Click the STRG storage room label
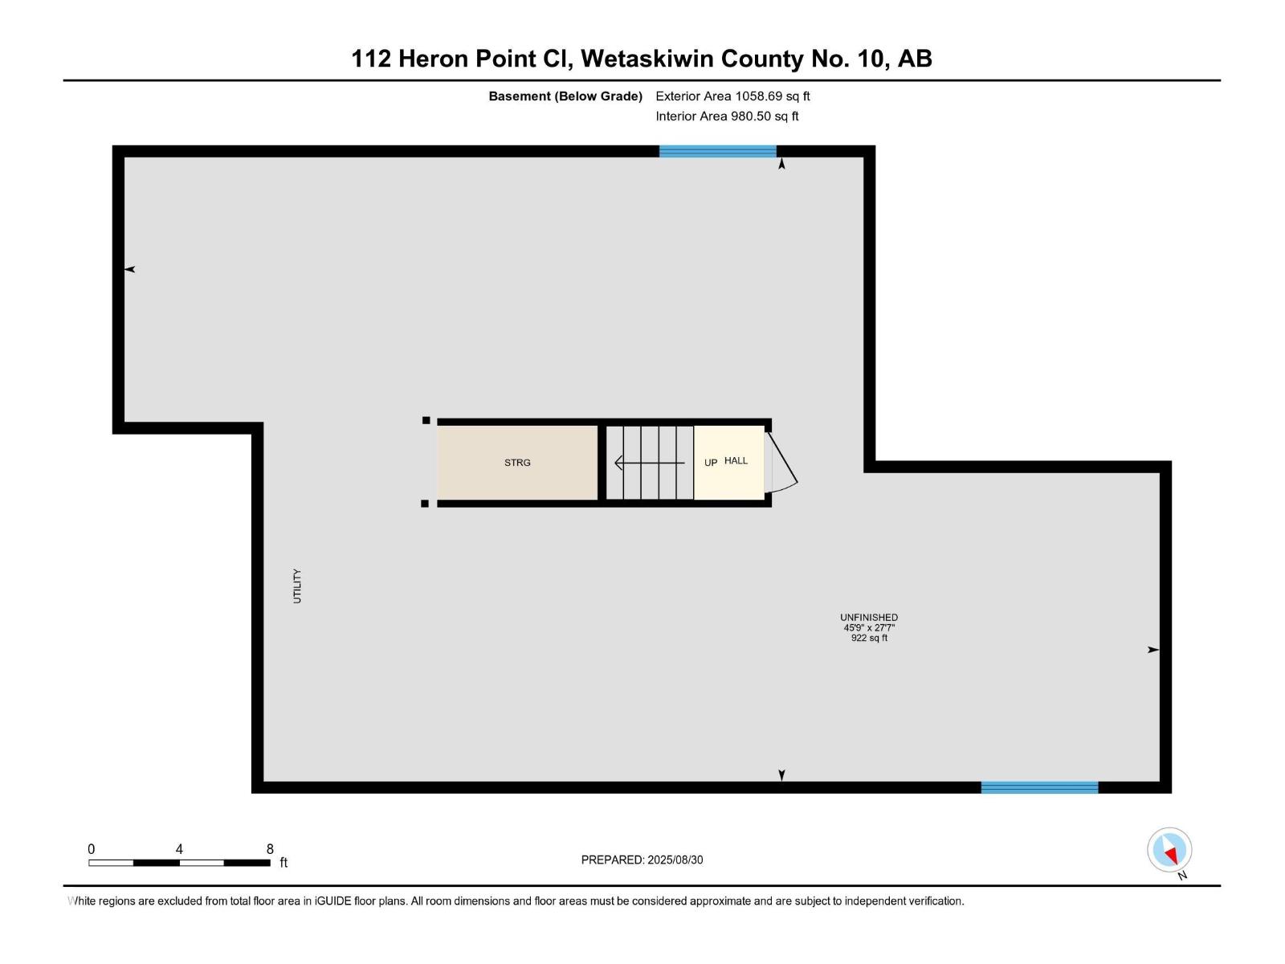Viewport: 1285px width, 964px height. [517, 463]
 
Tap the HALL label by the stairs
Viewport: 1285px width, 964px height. [736, 460]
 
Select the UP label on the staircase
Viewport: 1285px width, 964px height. [711, 463]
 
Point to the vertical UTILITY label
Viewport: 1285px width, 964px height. [297, 586]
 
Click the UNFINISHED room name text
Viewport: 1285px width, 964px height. [869, 618]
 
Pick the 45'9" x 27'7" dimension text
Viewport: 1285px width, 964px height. [869, 627]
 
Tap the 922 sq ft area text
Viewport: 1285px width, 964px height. [869, 638]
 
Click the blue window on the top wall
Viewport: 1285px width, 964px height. [718, 151]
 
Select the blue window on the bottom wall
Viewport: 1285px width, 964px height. [1039, 787]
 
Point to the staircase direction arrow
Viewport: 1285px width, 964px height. [649, 463]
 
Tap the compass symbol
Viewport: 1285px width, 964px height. [1169, 850]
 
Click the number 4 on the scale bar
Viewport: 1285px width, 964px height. [179, 848]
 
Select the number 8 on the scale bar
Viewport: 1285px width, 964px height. [270, 848]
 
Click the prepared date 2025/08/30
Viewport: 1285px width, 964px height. [675, 860]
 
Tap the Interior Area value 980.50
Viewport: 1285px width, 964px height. [750, 116]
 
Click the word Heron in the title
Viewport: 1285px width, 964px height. [433, 59]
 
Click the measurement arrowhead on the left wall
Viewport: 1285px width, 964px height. [130, 269]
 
